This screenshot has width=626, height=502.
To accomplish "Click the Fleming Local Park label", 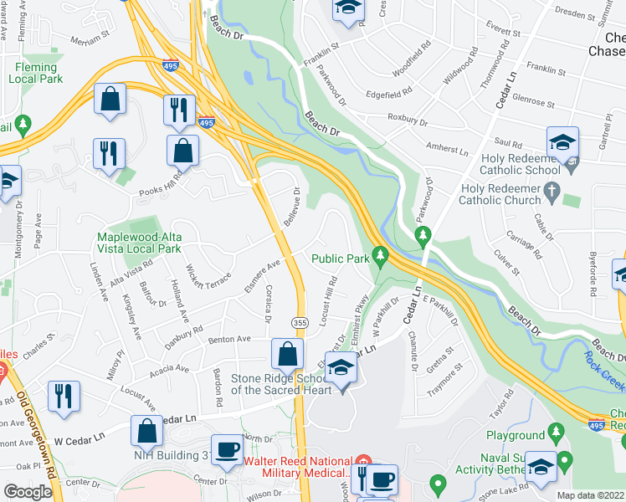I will pyautogui.click(x=36, y=73).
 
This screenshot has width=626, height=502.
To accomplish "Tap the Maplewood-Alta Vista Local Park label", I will pyautogui.click(x=139, y=243).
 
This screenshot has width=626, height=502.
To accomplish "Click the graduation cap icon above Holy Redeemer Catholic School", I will pyautogui.click(x=563, y=141).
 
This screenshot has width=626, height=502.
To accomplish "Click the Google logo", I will pyautogui.click(x=28, y=492).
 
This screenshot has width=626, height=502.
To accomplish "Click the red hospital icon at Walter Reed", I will pyautogui.click(x=362, y=461).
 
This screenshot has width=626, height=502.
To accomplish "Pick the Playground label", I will pyautogui.click(x=515, y=435).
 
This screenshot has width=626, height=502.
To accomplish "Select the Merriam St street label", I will pyautogui.click(x=90, y=38).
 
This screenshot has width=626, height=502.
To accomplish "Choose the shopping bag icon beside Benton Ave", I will pyautogui.click(x=287, y=354).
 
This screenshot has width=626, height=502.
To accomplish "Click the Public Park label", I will pyautogui.click(x=341, y=259).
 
